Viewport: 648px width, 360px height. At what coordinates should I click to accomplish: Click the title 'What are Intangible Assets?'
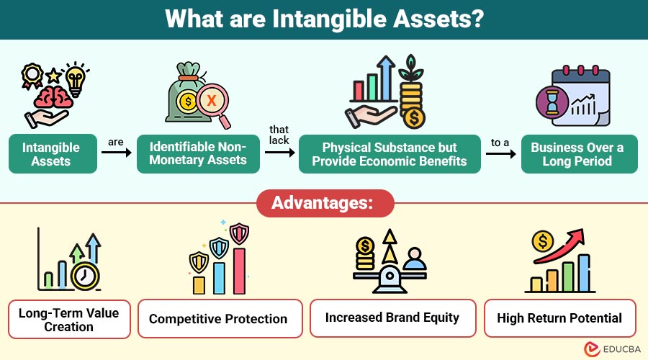click(x=324, y=19)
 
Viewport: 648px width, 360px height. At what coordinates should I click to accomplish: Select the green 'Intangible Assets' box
click(x=53, y=154)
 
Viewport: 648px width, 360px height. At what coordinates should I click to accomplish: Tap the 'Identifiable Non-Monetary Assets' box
click(x=198, y=153)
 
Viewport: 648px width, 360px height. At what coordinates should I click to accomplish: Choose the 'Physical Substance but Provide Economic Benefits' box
click(x=390, y=153)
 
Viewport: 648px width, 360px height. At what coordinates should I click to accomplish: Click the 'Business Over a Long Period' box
click(x=578, y=154)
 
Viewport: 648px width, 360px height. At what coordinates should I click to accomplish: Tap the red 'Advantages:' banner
click(x=325, y=204)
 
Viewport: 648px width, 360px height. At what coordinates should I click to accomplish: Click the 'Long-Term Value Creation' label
click(x=69, y=319)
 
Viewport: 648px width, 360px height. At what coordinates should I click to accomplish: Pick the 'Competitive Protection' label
click(x=217, y=319)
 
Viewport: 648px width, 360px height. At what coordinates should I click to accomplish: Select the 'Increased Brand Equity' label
click(x=392, y=318)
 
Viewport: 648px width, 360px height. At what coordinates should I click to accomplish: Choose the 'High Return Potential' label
click(x=559, y=318)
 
